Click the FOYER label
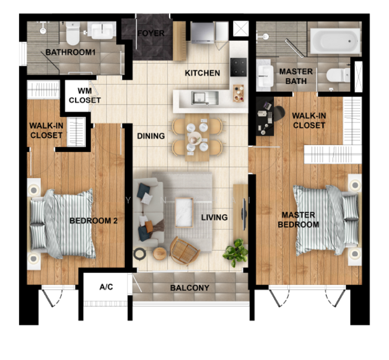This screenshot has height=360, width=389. point(151,33)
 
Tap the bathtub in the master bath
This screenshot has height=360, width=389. point(335,41)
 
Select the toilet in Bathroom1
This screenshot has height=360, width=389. point(73,33)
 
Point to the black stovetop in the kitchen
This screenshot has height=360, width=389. point(238,67)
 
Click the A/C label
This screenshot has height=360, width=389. point(106,287)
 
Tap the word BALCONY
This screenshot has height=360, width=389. point(190,288)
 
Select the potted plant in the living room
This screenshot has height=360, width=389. point(236,252)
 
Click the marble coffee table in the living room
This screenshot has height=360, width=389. point(184,212)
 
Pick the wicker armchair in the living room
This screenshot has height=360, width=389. point(185,251)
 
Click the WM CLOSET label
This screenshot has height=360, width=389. point(85,95)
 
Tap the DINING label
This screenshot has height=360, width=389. point(151,136)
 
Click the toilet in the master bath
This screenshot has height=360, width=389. point(338,75)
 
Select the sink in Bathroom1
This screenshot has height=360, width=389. point(102,31)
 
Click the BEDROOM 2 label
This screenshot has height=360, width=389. point(94,221)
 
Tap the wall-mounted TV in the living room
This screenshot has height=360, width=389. point(245,214)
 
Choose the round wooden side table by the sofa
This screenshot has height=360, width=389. point(159,253)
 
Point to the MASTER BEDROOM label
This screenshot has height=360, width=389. point(298,220)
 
